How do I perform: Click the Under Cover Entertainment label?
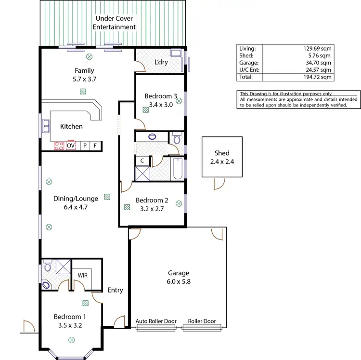[116, 23]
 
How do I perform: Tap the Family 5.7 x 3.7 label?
[84, 75]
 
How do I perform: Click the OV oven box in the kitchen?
[71, 145]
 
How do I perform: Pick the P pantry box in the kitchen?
[85, 145]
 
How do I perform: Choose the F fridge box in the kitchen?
[95, 145]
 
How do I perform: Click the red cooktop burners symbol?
[59, 145]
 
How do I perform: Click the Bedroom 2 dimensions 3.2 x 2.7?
[151, 209]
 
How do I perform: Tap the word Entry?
[115, 290]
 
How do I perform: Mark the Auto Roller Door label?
[156, 321]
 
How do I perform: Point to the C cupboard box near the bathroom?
[142, 160]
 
